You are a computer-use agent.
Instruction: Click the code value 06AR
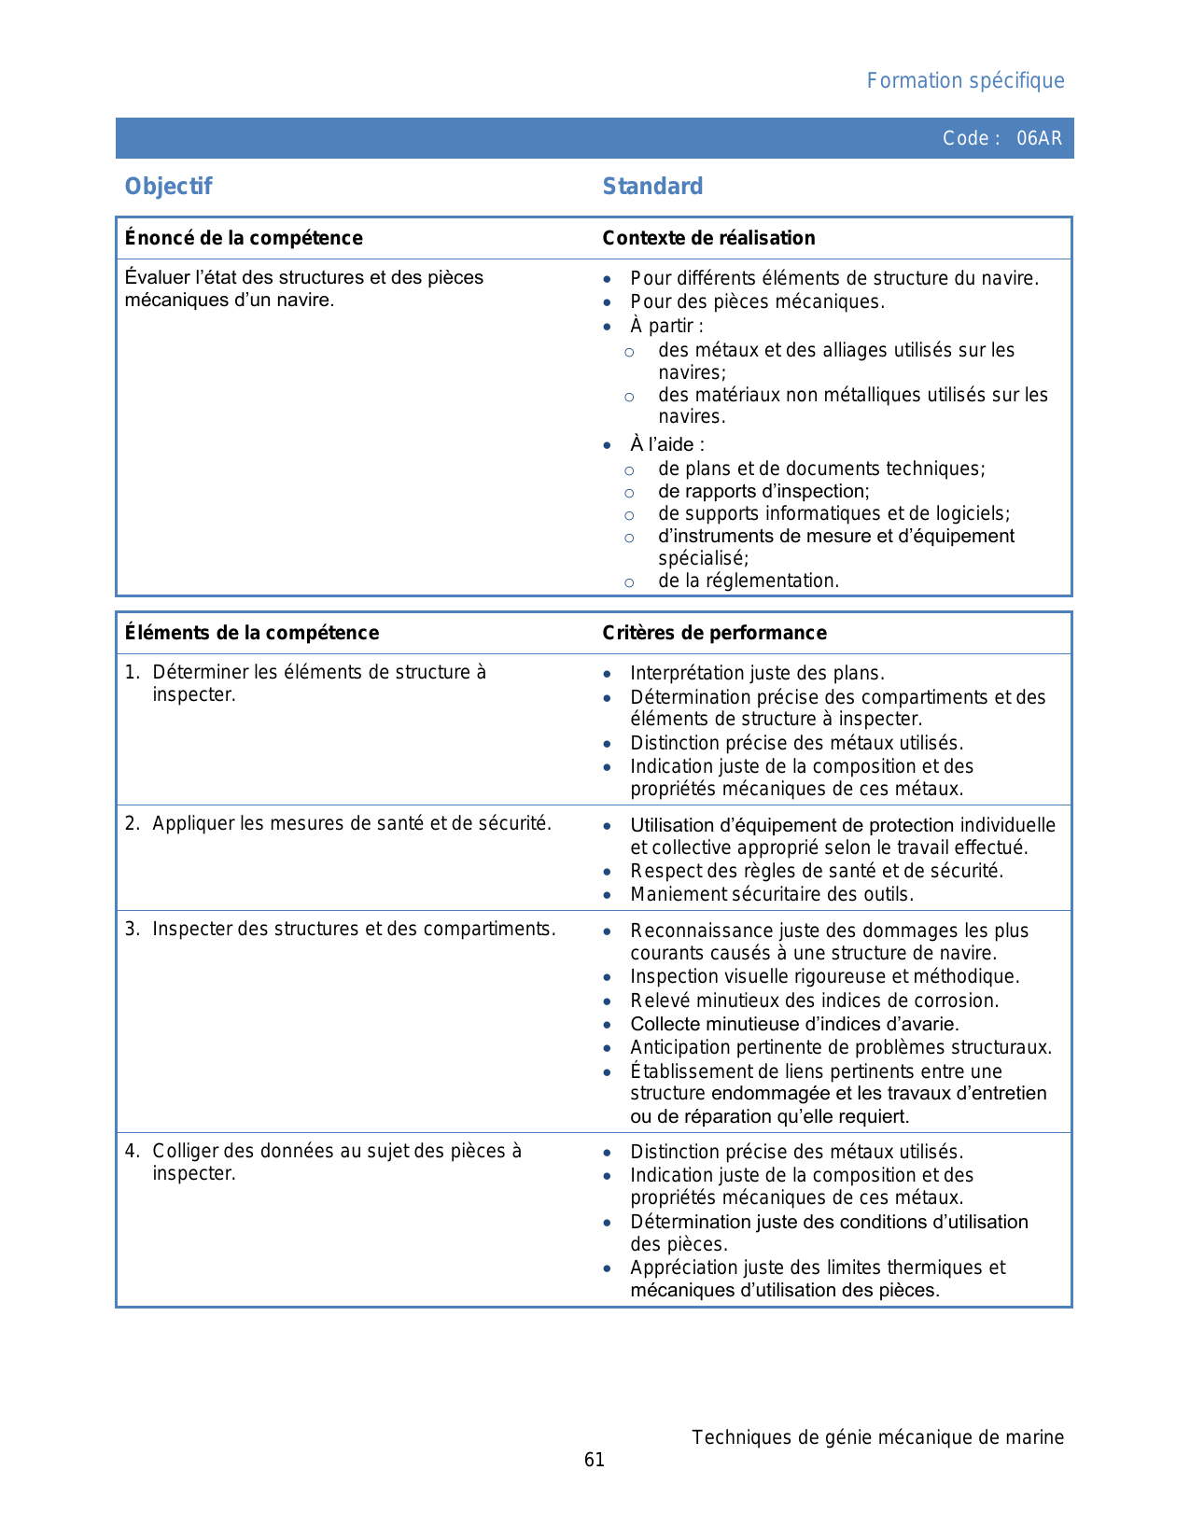pyautogui.click(x=1039, y=138)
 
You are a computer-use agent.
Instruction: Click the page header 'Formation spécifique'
pyautogui.click(x=965, y=81)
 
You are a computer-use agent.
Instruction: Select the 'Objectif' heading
pyautogui.click(x=168, y=187)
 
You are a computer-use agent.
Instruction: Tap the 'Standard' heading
pyautogui.click(x=652, y=187)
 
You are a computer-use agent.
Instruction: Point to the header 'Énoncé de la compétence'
pyautogui.click(x=244, y=238)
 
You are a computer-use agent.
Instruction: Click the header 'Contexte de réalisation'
pyautogui.click(x=708, y=238)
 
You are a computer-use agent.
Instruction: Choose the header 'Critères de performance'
pyautogui.click(x=714, y=633)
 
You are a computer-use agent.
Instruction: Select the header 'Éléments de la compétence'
pyautogui.click(x=252, y=633)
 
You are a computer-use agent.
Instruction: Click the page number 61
pyautogui.click(x=595, y=1460)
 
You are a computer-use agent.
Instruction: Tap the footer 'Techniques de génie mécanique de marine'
pyautogui.click(x=877, y=1437)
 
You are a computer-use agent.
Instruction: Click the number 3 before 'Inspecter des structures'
pyautogui.click(x=132, y=930)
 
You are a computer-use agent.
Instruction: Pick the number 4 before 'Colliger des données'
pyautogui.click(x=132, y=1152)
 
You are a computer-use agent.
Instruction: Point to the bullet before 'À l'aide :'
pyautogui.click(x=608, y=445)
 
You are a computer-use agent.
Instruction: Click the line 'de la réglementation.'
pyautogui.click(x=749, y=581)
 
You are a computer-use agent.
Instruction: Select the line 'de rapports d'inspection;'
pyautogui.click(x=763, y=491)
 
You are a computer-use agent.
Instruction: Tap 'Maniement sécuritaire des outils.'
pyautogui.click(x=772, y=894)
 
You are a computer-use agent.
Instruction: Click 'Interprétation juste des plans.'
pyautogui.click(x=757, y=673)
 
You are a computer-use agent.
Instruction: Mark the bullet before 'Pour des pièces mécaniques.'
pyautogui.click(x=608, y=302)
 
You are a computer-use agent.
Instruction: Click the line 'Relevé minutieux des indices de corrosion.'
pyautogui.click(x=814, y=1001)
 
